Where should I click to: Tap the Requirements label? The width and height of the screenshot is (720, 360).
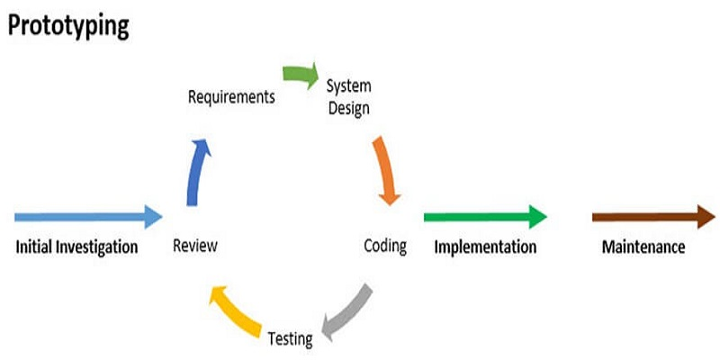coord(230,96)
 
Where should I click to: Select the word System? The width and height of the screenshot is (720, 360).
coord(348,87)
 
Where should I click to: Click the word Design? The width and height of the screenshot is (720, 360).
coord(348,108)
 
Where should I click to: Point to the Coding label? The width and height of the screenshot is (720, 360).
coord(385,245)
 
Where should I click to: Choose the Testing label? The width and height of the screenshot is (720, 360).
coord(290,339)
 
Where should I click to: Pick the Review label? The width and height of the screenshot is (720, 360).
coord(195,245)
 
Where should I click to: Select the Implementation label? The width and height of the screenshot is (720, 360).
coord(485,246)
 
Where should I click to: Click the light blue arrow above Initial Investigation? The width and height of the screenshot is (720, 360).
coord(85,216)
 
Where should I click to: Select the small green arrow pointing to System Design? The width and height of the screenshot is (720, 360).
coord(300,73)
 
